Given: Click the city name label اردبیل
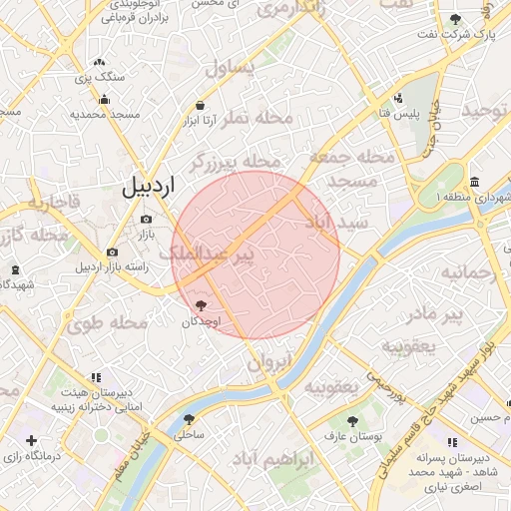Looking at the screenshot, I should [x=148, y=187].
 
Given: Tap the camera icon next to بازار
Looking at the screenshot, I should [x=146, y=220].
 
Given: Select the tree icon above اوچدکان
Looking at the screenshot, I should [x=201, y=305].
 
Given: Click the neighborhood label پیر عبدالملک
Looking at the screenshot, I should [x=214, y=255].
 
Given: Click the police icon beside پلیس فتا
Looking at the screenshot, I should [x=398, y=99].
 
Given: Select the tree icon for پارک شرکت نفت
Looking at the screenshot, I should [x=456, y=19].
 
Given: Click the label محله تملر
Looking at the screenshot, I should [x=259, y=118].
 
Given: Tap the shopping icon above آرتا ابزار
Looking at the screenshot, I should [x=201, y=105].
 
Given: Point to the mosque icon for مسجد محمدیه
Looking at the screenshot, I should [x=105, y=99].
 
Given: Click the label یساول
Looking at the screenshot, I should [x=231, y=69].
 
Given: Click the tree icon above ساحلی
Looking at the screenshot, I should [x=189, y=420].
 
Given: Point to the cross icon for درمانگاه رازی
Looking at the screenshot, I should [x=32, y=440].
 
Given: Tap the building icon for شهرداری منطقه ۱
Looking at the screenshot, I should [x=472, y=183].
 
